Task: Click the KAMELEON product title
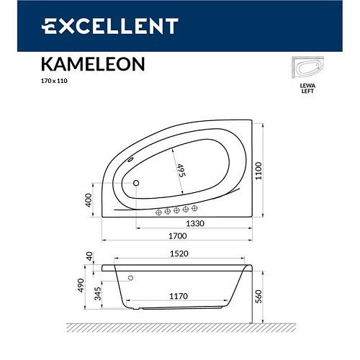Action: coord(91,63)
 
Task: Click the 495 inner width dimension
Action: coord(181,171)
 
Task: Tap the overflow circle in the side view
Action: coord(130,277)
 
